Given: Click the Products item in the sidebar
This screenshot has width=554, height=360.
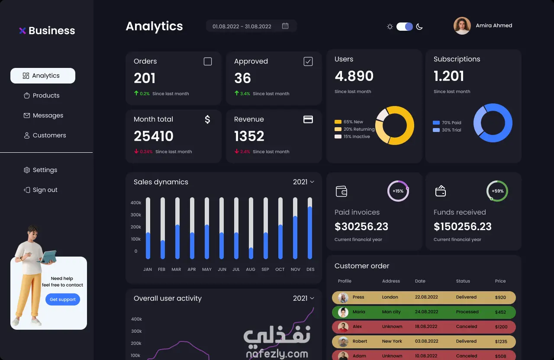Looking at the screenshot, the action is click(x=42, y=96).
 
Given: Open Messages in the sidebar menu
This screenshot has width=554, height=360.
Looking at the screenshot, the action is click(x=43, y=116).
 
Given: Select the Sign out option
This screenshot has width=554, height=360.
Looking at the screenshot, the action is click(x=41, y=190).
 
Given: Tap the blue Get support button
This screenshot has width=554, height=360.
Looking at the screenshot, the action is click(x=63, y=299).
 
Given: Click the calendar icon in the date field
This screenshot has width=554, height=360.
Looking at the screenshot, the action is click(x=285, y=26).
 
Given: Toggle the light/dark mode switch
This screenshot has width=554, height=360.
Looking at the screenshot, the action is click(x=405, y=26).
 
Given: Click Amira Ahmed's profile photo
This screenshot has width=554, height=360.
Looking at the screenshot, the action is click(x=462, y=26).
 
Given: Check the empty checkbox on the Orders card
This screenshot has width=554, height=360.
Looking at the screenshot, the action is click(x=208, y=61).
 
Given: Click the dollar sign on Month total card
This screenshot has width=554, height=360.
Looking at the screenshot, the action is click(x=207, y=119).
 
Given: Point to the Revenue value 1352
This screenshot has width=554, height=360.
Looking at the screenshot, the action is click(x=249, y=136).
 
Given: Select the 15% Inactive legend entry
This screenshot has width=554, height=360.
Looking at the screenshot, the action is click(x=352, y=136).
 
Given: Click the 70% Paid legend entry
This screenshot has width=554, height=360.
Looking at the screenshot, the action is click(x=447, y=122).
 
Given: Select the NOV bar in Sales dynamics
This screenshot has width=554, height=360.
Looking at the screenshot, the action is click(x=295, y=228).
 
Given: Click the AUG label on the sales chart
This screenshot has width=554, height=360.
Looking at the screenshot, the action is click(x=251, y=269).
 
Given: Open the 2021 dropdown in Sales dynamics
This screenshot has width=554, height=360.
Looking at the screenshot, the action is click(x=303, y=182).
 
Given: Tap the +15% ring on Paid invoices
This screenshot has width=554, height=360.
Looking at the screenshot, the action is click(x=398, y=191).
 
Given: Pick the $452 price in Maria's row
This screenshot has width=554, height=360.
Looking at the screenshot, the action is click(x=500, y=312).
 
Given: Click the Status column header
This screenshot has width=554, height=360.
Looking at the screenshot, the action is click(x=463, y=281).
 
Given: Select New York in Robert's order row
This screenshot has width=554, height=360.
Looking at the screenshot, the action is click(x=392, y=341).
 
